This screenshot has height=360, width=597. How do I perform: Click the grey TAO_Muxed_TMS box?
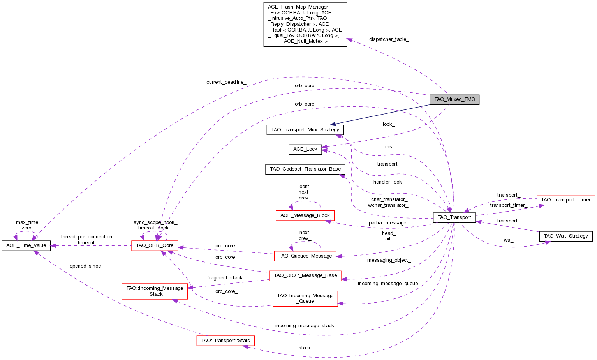(x=454, y=99)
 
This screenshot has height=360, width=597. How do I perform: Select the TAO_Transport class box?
(x=454, y=217)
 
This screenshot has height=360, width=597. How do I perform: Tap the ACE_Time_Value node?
(x=26, y=245)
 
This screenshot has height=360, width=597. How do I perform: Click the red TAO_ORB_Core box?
(x=155, y=245)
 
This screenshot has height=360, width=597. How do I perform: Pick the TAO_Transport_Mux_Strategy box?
(x=305, y=130)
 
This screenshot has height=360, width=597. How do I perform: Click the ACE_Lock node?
(x=305, y=149)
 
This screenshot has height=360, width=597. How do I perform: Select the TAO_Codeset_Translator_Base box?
(x=305, y=169)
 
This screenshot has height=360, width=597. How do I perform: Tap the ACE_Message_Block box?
(x=305, y=215)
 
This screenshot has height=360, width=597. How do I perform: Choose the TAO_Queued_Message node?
(x=305, y=256)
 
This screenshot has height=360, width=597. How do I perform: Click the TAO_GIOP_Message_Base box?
(x=305, y=275)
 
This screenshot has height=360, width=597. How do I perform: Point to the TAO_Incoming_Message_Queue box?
(x=305, y=298)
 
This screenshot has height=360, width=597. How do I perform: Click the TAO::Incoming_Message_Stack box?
(x=155, y=291)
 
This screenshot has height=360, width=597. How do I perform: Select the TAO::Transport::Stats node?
(x=225, y=341)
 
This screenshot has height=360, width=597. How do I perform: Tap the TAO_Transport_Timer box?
(x=565, y=200)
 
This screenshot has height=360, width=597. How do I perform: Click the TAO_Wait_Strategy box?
(x=565, y=236)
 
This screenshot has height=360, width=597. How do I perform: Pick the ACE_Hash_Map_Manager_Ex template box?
(x=305, y=24)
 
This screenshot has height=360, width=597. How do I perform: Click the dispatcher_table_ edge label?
(x=389, y=39)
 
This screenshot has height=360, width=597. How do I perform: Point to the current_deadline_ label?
(x=226, y=82)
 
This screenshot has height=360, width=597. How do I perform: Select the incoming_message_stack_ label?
(x=306, y=326)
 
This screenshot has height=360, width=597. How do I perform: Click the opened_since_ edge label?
(x=86, y=266)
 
